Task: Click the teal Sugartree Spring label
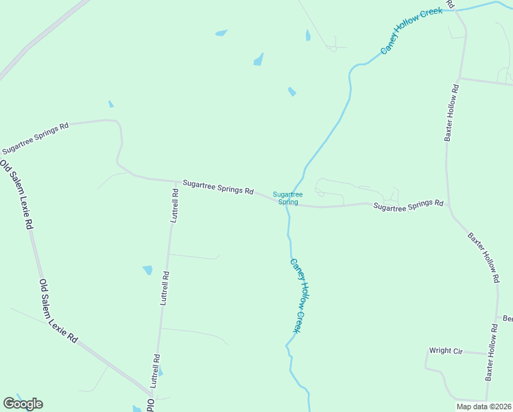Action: [287, 198]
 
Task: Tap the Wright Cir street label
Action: [446, 351]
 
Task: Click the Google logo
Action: [23, 404]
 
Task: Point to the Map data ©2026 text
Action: [484, 407]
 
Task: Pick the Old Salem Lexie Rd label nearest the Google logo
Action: [58, 310]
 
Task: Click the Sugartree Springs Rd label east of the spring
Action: [409, 205]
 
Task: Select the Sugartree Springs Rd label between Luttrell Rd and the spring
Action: [218, 187]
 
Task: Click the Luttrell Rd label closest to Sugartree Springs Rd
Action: [175, 205]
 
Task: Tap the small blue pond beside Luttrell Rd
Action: [147, 271]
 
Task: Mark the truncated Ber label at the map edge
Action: [508, 319]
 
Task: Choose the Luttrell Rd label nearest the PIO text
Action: [155, 371]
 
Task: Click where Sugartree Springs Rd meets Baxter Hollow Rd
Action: [449, 204]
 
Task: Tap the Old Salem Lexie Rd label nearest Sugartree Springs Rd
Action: [16, 194]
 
